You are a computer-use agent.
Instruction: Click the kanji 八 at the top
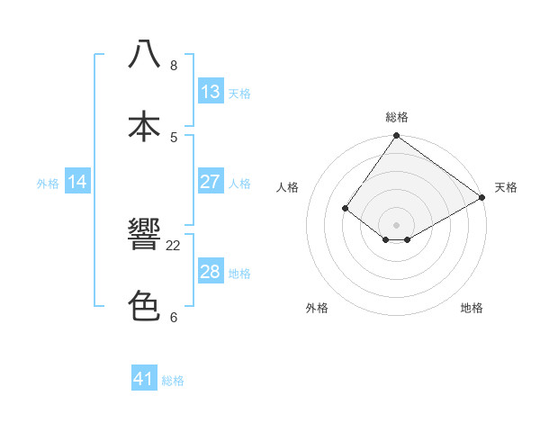pos(144,55)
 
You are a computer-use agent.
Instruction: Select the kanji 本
pos(144,126)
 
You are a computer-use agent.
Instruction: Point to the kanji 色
pos(144,307)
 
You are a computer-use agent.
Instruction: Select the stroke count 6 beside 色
pos(174,317)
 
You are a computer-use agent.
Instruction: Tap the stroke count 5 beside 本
pos(174,137)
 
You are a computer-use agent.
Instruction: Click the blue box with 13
pos(211,92)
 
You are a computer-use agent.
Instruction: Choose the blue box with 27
pos(211,182)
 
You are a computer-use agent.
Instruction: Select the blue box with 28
pos(211,272)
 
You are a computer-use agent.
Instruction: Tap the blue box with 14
pos(77,182)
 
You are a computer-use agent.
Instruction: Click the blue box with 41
pos(144,379)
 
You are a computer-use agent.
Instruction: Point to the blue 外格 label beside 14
pos(48,184)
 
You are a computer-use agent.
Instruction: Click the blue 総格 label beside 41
pos(173,381)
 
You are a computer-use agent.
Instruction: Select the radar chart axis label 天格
pos(506,187)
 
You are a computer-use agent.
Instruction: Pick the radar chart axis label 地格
pos(472,309)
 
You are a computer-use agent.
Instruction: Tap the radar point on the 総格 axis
pos(396,137)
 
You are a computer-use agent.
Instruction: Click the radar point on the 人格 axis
pos(346,209)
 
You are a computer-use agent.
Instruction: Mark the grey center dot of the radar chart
pos(396,224)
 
